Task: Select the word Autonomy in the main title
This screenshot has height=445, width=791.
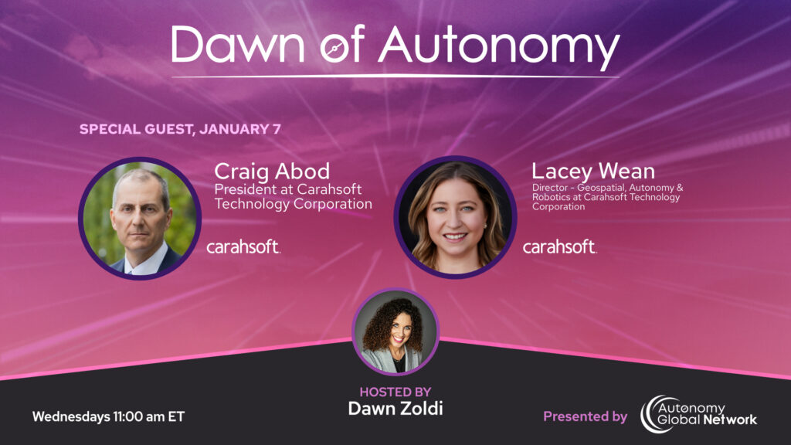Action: pos(500,48)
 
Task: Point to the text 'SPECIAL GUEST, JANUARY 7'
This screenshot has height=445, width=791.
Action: pos(180,129)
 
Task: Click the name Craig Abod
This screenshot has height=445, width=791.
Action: pos(272,172)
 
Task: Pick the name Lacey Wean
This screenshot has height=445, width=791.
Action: pos(593,172)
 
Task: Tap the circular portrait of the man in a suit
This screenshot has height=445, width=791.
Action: pos(140,219)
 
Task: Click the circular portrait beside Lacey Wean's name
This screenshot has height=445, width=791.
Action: pos(455,217)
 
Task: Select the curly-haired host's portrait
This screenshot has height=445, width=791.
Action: pos(395,332)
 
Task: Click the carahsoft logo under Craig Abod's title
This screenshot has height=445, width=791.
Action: pos(243,246)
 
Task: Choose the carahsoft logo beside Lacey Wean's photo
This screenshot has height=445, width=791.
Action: pos(560,246)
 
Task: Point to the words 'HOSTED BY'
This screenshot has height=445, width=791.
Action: pos(395,392)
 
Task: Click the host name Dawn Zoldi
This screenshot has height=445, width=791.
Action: pos(395,409)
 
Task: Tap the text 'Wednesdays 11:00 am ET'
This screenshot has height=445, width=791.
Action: pos(108,416)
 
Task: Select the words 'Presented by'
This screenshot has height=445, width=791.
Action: pos(586,416)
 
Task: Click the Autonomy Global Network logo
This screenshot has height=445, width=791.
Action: pos(698,414)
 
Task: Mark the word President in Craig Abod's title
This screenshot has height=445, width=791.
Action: pos(243,189)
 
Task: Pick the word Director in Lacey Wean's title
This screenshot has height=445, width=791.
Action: pos(550,188)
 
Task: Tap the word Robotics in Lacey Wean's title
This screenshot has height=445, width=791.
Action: pos(552,197)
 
